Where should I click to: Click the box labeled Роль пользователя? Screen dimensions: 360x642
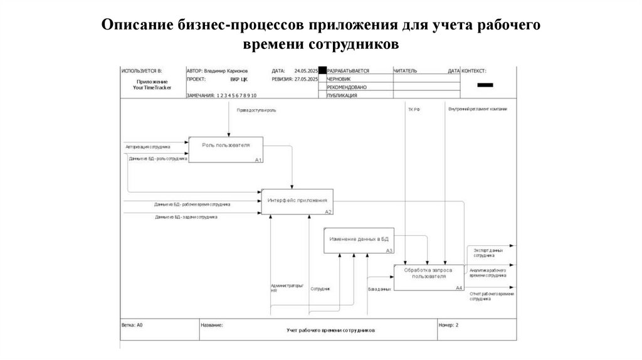coord(226,149)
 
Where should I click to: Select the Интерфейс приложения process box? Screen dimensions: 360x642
coord(297,201)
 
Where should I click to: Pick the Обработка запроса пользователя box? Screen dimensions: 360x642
coord(429,277)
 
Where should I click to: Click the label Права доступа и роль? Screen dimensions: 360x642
coord(256,110)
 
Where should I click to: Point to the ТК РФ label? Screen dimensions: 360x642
coord(414,109)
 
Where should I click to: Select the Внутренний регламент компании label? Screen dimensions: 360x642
coord(478,109)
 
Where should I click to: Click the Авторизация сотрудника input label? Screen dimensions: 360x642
coord(148,147)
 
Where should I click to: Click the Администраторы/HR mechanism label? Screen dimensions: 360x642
coord(287,289)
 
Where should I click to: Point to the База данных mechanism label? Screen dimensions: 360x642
coord(380,289)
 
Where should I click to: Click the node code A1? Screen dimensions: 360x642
coord(258,160)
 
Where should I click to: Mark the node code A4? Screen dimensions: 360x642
coord(459,288)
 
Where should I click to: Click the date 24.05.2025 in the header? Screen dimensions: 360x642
coord(306,71)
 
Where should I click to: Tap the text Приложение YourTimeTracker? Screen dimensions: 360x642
coord(152,85)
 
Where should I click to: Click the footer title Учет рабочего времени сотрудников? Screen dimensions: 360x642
coord(331,330)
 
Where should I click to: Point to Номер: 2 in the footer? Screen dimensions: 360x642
coord(449,326)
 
